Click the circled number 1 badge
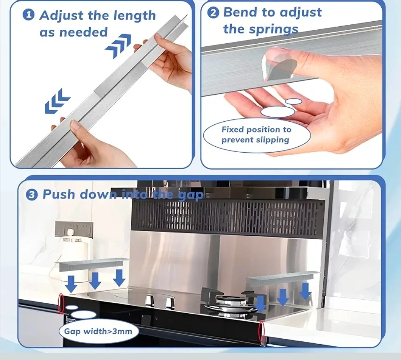pos(29,15)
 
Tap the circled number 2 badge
pos(213,13)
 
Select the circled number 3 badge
pos(32,195)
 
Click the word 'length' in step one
pos(134,16)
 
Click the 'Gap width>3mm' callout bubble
pos(99,331)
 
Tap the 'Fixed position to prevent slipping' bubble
pos(257,135)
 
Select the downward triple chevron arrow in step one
pos(57,101)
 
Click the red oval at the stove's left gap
pos(61,304)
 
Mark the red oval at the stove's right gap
pos(262,332)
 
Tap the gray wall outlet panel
pos(74,229)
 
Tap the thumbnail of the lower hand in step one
pos(75,126)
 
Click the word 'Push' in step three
pos(59,194)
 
